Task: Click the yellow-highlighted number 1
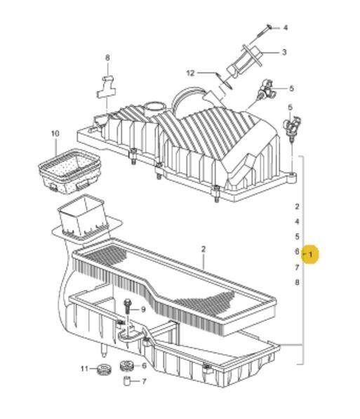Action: click(x=310, y=254)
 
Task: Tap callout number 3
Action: click(x=284, y=52)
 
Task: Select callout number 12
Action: click(x=190, y=73)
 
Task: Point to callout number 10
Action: click(x=55, y=133)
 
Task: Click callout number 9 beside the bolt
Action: click(x=143, y=310)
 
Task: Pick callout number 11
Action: click(x=84, y=369)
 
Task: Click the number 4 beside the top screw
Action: click(x=286, y=27)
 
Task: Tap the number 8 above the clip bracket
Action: click(x=107, y=58)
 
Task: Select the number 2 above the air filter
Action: click(x=204, y=249)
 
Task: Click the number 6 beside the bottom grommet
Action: click(x=144, y=366)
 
